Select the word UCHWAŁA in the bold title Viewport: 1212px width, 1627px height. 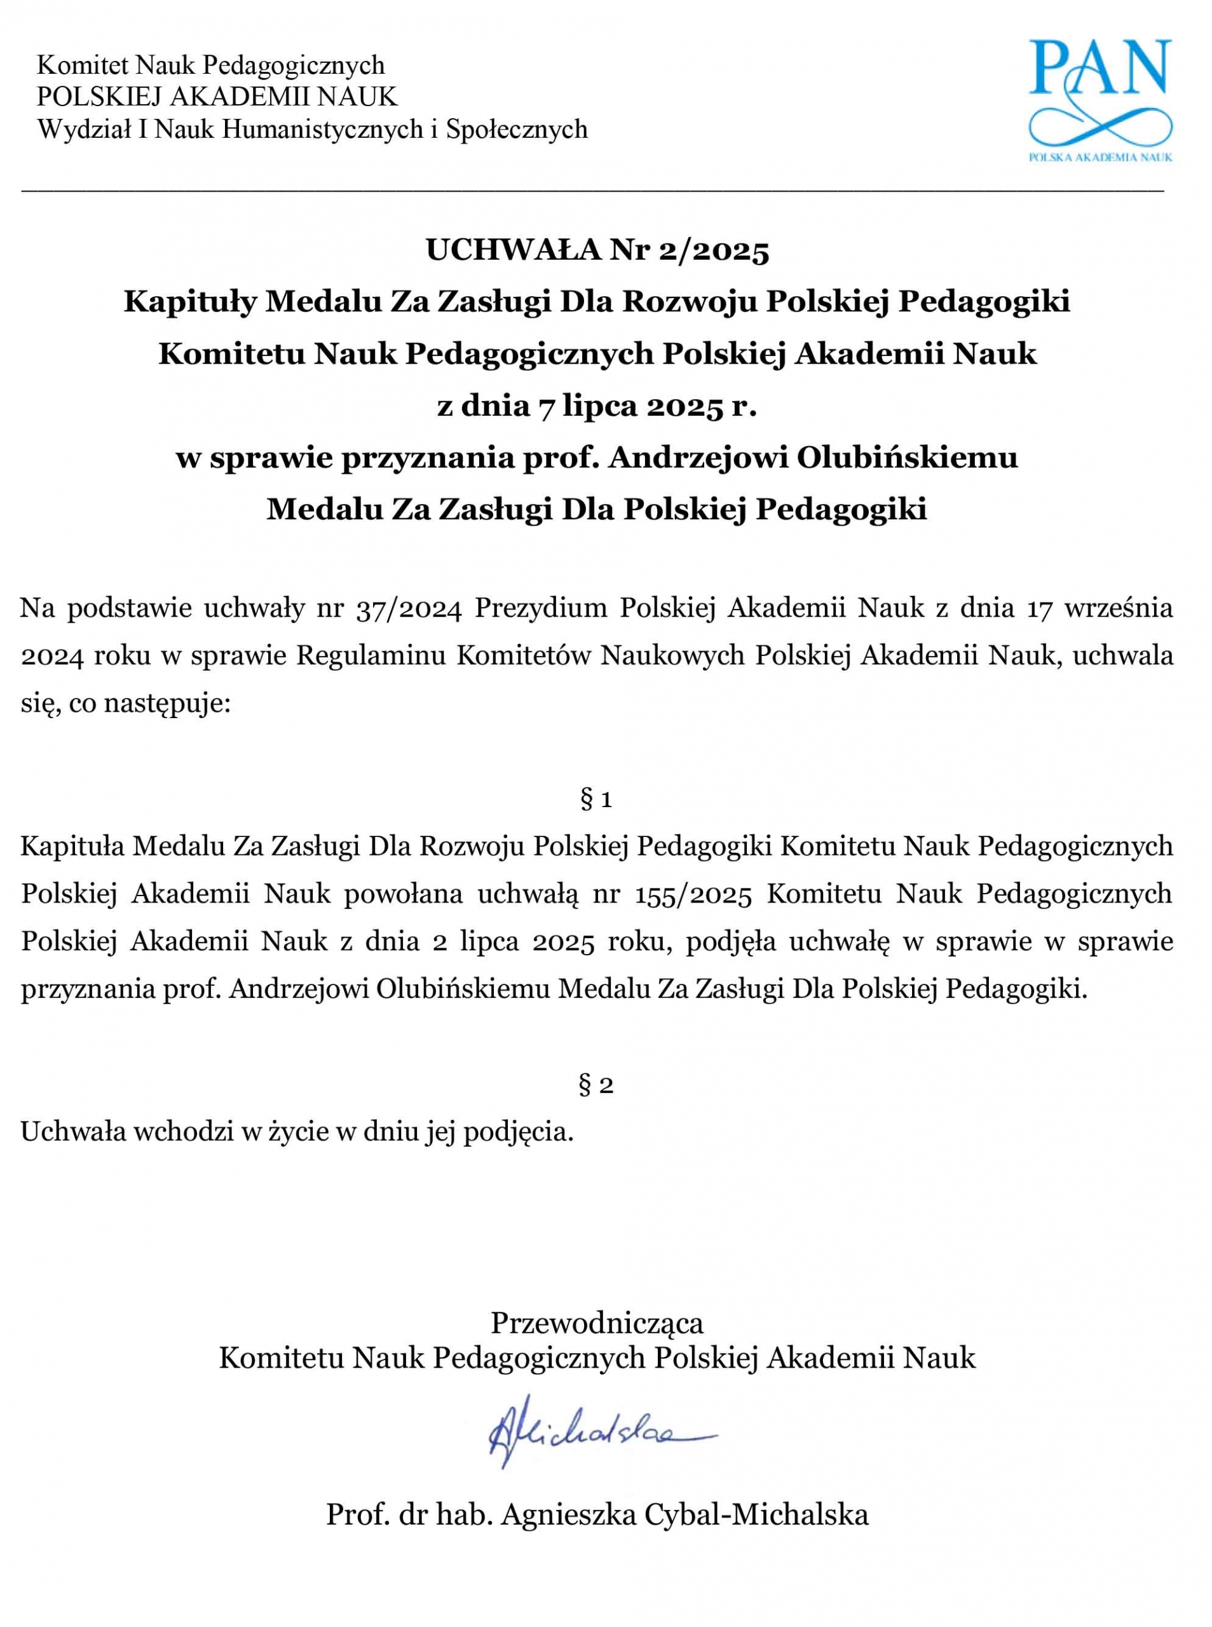pos(513,250)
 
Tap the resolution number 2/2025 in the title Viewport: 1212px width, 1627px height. pos(713,250)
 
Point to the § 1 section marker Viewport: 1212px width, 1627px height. pos(596,799)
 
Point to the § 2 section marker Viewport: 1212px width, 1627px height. pos(596,1084)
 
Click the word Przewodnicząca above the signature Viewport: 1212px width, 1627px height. pos(596,1323)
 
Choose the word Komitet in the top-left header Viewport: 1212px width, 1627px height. pos(82,65)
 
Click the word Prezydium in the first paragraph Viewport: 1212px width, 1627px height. pos(541,609)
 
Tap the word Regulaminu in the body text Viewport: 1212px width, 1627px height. pos(371,656)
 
